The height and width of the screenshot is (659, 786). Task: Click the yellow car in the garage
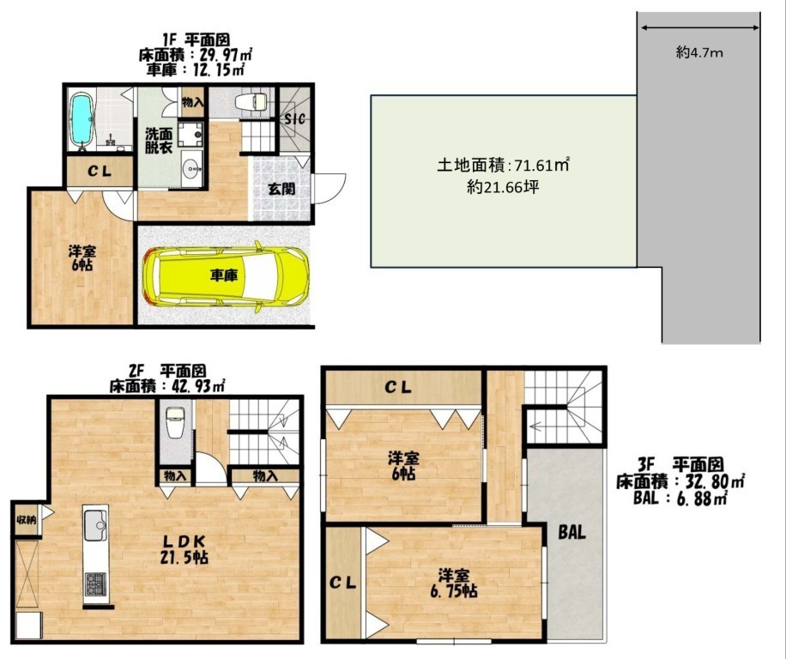[225, 275]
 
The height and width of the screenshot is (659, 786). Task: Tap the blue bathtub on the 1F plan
[81, 121]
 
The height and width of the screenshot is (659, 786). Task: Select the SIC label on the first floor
[295, 119]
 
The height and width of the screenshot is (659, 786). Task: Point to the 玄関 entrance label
[281, 189]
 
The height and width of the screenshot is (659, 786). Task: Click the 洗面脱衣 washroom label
[160, 141]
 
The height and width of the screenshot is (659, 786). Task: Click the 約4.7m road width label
[699, 52]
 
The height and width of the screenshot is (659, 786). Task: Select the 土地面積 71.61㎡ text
[504, 165]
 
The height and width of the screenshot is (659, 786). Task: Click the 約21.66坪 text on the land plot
[503, 187]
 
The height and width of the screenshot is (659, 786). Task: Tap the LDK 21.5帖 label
[184, 549]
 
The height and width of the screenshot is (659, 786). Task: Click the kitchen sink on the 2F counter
[96, 524]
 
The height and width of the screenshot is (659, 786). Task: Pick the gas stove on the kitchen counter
[96, 583]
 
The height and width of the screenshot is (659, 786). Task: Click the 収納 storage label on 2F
[27, 520]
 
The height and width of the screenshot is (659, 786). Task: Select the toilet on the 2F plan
[175, 422]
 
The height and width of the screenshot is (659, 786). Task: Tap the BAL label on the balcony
[572, 532]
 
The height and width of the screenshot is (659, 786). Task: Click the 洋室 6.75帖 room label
[454, 583]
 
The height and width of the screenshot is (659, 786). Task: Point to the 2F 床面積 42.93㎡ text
[167, 386]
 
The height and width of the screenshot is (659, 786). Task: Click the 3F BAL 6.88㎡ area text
[680, 499]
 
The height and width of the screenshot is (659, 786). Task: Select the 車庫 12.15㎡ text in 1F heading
[196, 70]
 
